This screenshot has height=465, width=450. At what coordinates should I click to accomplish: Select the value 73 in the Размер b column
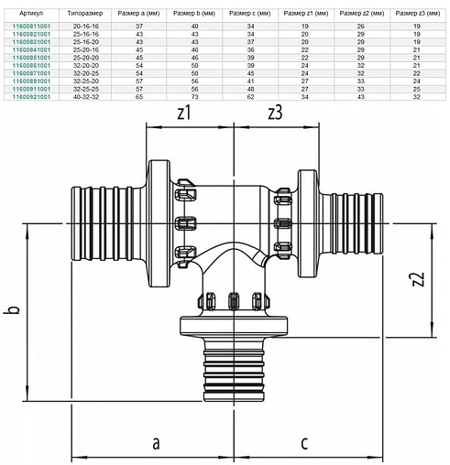click(x=196, y=96)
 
